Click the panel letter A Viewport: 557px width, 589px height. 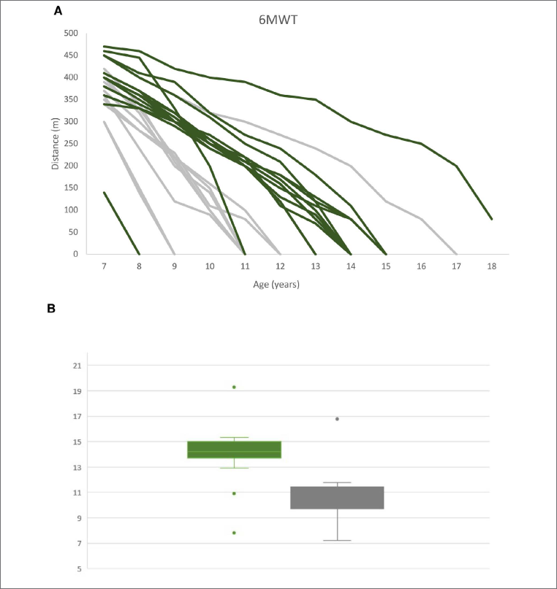pos(58,11)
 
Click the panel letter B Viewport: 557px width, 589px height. pos(51,308)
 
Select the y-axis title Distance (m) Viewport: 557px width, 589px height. pos(55,142)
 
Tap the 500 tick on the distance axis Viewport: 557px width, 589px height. pos(71,33)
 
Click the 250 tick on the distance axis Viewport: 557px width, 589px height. pos(71,144)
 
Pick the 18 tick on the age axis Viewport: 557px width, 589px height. pos(491,266)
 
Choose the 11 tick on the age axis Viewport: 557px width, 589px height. pos(245,266)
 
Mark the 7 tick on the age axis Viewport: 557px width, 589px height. pos(105,266)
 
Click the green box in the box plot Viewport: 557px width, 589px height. pos(234,450)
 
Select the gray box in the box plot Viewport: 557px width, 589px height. pos(337,497)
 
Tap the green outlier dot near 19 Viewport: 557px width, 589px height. pos(234,387)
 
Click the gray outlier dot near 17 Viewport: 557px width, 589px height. pos(337,419)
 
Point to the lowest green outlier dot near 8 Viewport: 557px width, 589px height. pos(234,533)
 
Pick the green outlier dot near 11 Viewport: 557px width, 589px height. pos(234,493)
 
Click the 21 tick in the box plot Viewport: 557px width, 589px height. pos(76,366)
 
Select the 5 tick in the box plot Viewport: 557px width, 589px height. pos(78,569)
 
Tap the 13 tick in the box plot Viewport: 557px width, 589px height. pos(76,467)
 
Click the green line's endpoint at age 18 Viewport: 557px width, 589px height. pos(491,218)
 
